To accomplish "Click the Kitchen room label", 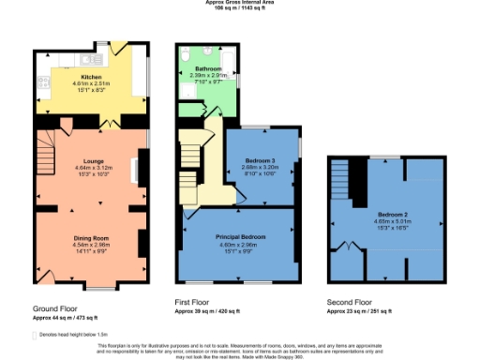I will (x=92, y=77).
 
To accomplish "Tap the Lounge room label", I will (x=92, y=161).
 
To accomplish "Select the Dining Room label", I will (x=92, y=238).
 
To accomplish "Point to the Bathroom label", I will (x=208, y=70).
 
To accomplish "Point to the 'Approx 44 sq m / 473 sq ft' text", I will (x=68, y=317).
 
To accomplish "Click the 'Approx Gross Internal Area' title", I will (x=240, y=3).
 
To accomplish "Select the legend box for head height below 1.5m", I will (x=37, y=333).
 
